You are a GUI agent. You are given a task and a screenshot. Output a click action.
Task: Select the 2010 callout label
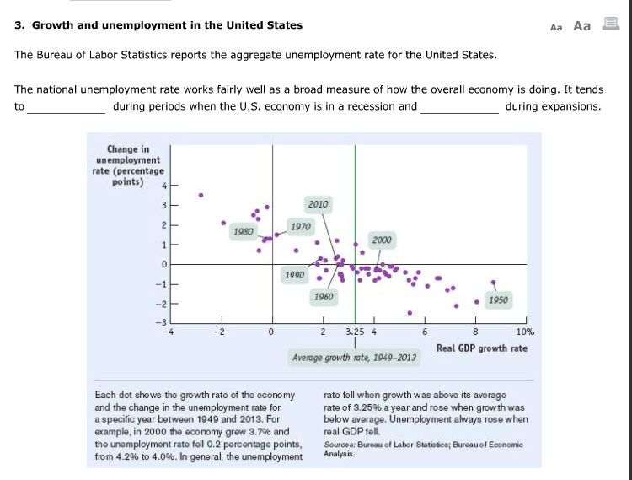tap(318, 204)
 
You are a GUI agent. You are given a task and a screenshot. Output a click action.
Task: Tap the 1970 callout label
tap(300, 226)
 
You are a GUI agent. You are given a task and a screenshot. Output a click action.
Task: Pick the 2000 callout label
tap(382, 240)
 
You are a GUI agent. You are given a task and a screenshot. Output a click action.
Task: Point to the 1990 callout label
tap(295, 276)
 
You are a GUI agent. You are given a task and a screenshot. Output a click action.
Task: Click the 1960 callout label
tap(322, 297)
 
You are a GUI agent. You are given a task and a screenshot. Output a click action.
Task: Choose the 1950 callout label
tap(498, 299)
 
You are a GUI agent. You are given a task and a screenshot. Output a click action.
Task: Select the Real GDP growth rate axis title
tap(482, 348)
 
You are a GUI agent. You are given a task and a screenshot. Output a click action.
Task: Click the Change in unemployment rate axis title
tap(121, 166)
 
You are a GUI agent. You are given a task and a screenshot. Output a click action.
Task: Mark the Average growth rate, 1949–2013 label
tap(354, 358)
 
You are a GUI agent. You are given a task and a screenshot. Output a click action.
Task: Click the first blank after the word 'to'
tap(67, 107)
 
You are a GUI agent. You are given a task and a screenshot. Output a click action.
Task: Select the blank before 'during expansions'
tap(459, 107)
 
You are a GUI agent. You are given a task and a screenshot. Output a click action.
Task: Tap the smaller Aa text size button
tap(555, 26)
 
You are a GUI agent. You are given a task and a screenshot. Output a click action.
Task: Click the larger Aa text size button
tap(581, 25)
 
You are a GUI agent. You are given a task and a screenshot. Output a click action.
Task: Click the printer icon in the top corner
tap(609, 25)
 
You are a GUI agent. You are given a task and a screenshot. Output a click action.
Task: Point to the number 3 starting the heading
tap(19, 25)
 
